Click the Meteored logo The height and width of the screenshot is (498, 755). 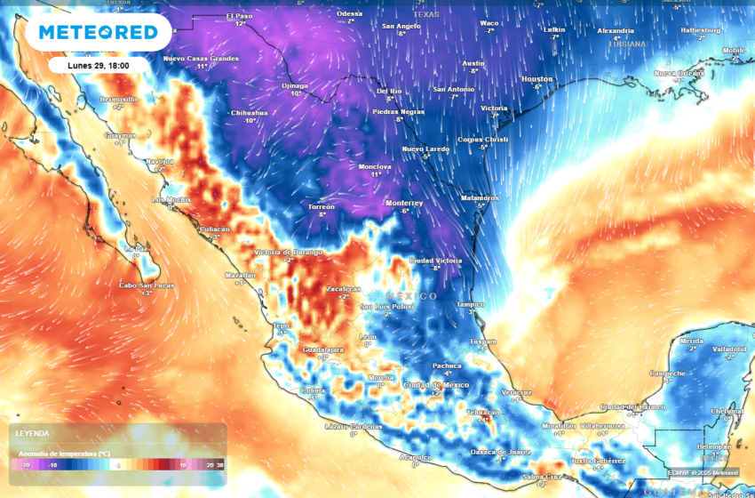[97, 33]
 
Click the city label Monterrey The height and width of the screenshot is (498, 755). [403, 203]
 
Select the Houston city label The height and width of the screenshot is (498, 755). [536, 79]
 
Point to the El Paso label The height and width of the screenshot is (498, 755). [240, 16]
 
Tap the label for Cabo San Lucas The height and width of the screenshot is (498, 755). [147, 285]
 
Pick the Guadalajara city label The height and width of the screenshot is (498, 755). [323, 349]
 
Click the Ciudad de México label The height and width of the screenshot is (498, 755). [435, 383]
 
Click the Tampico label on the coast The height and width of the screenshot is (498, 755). [471, 303]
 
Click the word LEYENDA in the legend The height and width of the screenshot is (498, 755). [32, 433]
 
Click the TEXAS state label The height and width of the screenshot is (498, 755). [426, 15]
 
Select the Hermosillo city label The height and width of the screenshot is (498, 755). [119, 99]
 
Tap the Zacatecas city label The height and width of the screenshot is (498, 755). [344, 289]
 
